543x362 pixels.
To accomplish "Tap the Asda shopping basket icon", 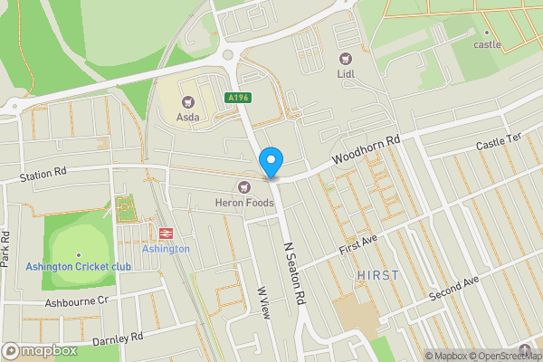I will coord(188,102).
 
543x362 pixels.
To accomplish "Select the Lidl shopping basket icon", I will coord(345,57).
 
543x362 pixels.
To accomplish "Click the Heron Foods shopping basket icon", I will coord(243,186).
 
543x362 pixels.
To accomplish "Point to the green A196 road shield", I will coord(238,96).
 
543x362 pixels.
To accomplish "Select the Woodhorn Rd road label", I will coord(366,151).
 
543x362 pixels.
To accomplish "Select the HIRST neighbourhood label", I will coord(377,274).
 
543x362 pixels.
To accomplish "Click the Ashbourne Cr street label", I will coord(77,300).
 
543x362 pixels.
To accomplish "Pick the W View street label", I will coord(264,303).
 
